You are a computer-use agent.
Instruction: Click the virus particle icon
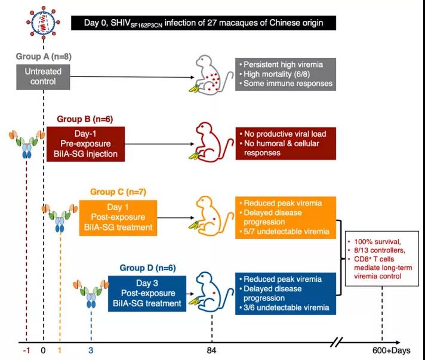tap(43, 23)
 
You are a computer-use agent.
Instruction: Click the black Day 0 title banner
tap(203, 23)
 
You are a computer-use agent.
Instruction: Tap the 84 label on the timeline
tap(211, 350)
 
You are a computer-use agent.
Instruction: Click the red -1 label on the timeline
tap(26, 350)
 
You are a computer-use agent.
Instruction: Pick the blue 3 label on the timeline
tap(91, 350)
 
